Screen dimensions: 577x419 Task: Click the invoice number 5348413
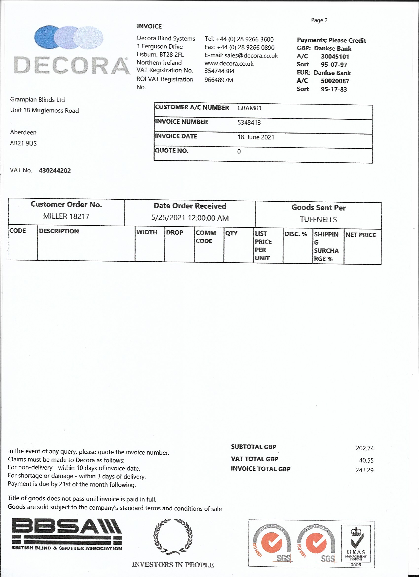[249, 123]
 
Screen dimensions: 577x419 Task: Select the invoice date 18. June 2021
[256, 137]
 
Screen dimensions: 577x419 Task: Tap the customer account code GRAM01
[249, 108]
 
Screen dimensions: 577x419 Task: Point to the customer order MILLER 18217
[66, 216]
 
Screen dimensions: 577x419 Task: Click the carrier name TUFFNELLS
[318, 219]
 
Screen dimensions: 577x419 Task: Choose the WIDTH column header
[147, 232]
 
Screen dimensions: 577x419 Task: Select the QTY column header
[231, 233]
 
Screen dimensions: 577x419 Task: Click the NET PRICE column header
[360, 235]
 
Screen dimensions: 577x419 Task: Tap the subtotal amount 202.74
[364, 448]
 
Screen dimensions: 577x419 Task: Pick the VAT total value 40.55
[366, 460]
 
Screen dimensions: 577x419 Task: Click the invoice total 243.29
[364, 470]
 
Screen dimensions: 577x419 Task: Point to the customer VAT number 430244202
[55, 171]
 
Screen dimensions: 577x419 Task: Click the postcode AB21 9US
[23, 143]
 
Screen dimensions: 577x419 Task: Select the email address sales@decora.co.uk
[251, 56]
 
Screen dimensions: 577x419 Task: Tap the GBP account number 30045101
[335, 57]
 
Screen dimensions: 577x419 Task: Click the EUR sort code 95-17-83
[334, 89]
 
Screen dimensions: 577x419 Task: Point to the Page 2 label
[319, 20]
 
